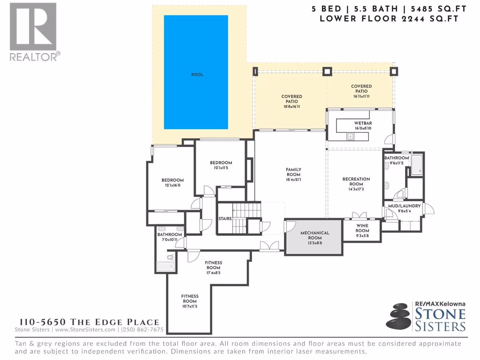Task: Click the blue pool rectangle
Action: (196, 72)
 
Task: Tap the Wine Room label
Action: (362, 228)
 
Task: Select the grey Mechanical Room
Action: (314, 238)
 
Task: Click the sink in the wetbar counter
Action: (350, 136)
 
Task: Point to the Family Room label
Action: (293, 172)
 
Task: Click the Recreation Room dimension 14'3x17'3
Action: (356, 189)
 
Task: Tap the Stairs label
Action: (225, 219)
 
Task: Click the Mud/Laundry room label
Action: (404, 206)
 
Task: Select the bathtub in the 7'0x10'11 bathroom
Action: (166, 267)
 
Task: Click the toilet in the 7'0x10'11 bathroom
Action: (171, 257)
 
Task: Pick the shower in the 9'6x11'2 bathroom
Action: (417, 165)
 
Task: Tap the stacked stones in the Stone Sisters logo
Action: (398, 316)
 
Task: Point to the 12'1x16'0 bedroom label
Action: (172, 183)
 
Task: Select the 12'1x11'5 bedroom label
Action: (221, 165)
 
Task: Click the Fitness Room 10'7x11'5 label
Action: (190, 301)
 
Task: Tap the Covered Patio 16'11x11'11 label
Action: (361, 91)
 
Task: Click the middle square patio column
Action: (327, 71)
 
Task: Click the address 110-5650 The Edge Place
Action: (89, 322)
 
